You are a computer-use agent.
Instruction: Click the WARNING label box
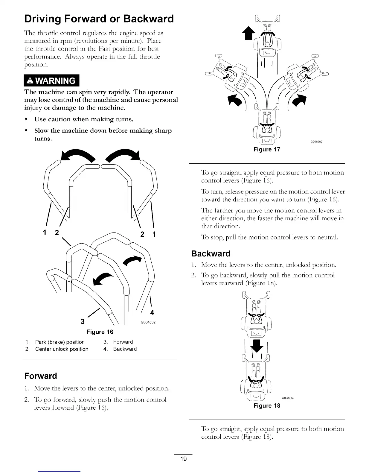[51, 81]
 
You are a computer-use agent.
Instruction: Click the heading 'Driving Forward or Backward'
[99, 19]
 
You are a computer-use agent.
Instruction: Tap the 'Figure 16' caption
[100, 332]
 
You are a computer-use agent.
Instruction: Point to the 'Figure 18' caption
[267, 406]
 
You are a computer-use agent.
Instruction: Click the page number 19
[183, 459]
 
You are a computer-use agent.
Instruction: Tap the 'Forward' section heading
[41, 376]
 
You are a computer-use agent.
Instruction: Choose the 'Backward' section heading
[211, 254]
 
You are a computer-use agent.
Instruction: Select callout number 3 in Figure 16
[83, 322]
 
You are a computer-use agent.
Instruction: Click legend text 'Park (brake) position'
[60, 342]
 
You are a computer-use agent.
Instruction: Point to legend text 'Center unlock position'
[62, 349]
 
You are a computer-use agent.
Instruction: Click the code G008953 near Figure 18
[288, 398]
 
